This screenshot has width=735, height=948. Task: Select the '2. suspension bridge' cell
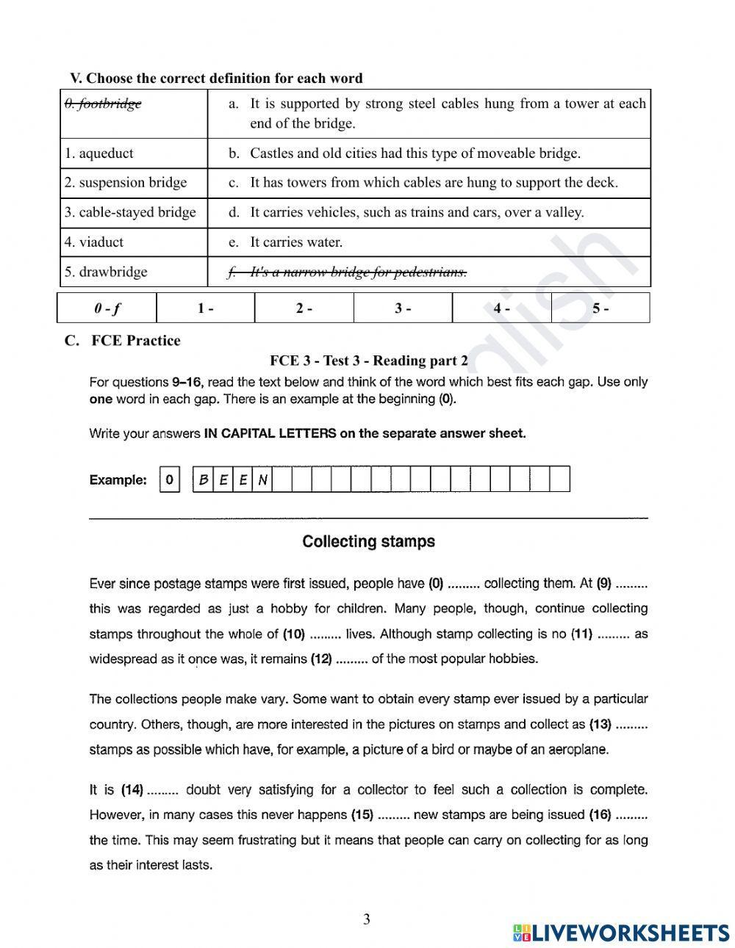[x=126, y=183]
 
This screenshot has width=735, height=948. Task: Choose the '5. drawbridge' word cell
[x=106, y=272]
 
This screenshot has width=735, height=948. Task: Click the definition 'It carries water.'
[x=296, y=242]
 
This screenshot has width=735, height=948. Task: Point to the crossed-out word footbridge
[x=103, y=104]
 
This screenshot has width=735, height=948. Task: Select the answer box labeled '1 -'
[x=206, y=308]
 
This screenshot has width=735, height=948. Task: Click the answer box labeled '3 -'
[x=403, y=308]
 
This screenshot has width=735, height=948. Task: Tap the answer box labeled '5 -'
[x=600, y=308]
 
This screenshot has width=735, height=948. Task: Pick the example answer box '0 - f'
[x=107, y=308]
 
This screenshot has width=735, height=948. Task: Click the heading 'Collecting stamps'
[x=368, y=542]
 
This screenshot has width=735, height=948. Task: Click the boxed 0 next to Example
[x=170, y=480]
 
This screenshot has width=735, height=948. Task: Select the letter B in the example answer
[x=203, y=480]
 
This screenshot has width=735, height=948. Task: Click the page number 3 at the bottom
[x=367, y=919]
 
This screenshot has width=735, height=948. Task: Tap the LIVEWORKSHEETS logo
[x=621, y=933]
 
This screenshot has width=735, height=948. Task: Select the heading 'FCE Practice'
[x=135, y=341]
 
